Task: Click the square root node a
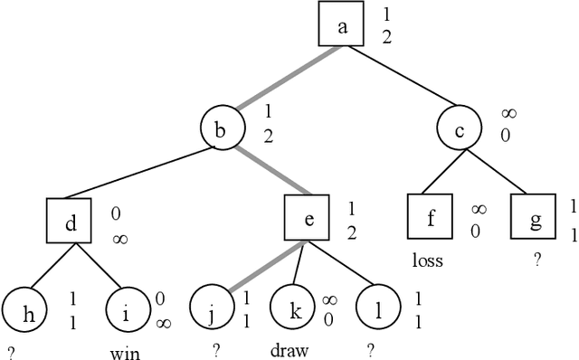342,26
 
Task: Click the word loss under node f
426,261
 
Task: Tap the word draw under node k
289,349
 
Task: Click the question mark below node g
537,260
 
